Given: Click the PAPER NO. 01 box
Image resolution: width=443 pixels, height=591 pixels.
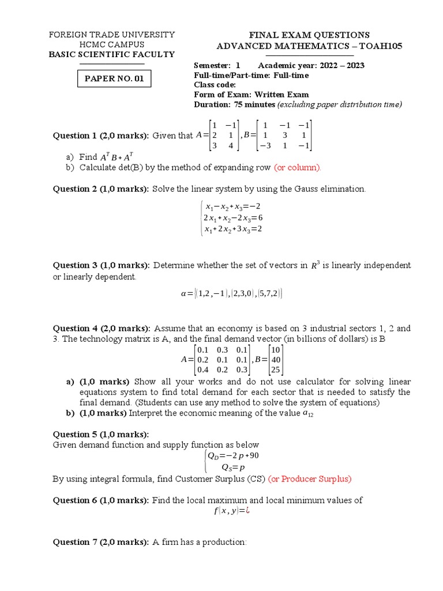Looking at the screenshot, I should (x=114, y=78).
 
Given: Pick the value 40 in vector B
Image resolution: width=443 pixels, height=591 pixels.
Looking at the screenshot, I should (x=276, y=360).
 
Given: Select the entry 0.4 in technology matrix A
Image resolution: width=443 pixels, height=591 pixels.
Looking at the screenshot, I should (x=203, y=370).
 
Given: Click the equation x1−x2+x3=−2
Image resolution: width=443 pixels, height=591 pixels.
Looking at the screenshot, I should (x=234, y=207).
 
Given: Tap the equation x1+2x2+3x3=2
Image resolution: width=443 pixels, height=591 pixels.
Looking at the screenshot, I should (x=234, y=229).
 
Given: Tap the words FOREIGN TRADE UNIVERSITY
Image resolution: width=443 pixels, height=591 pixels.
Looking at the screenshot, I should (x=111, y=35).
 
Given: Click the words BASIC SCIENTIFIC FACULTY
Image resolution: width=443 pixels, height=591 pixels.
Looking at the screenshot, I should (x=111, y=54).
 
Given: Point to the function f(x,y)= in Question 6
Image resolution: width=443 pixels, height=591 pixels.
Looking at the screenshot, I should (x=230, y=511).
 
